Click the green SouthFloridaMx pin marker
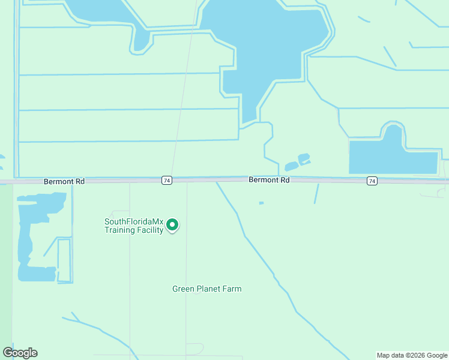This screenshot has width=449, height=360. [x=172, y=225]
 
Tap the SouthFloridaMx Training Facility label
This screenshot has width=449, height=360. [x=134, y=226]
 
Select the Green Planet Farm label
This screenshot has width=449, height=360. [x=206, y=289]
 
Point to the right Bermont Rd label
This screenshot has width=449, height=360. [x=269, y=180]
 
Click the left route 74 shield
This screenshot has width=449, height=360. [x=167, y=181]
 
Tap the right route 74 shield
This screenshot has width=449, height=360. [x=372, y=181]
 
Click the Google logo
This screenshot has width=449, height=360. [x=20, y=353]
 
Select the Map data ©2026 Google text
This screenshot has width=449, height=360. [x=412, y=355]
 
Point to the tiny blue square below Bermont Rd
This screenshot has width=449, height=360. [x=261, y=203]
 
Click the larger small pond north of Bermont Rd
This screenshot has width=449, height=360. [x=304, y=158]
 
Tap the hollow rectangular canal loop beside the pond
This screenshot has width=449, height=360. [x=64, y=261]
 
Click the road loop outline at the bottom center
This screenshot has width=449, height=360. [x=194, y=349]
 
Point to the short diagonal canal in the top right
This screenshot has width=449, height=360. [x=390, y=56]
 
